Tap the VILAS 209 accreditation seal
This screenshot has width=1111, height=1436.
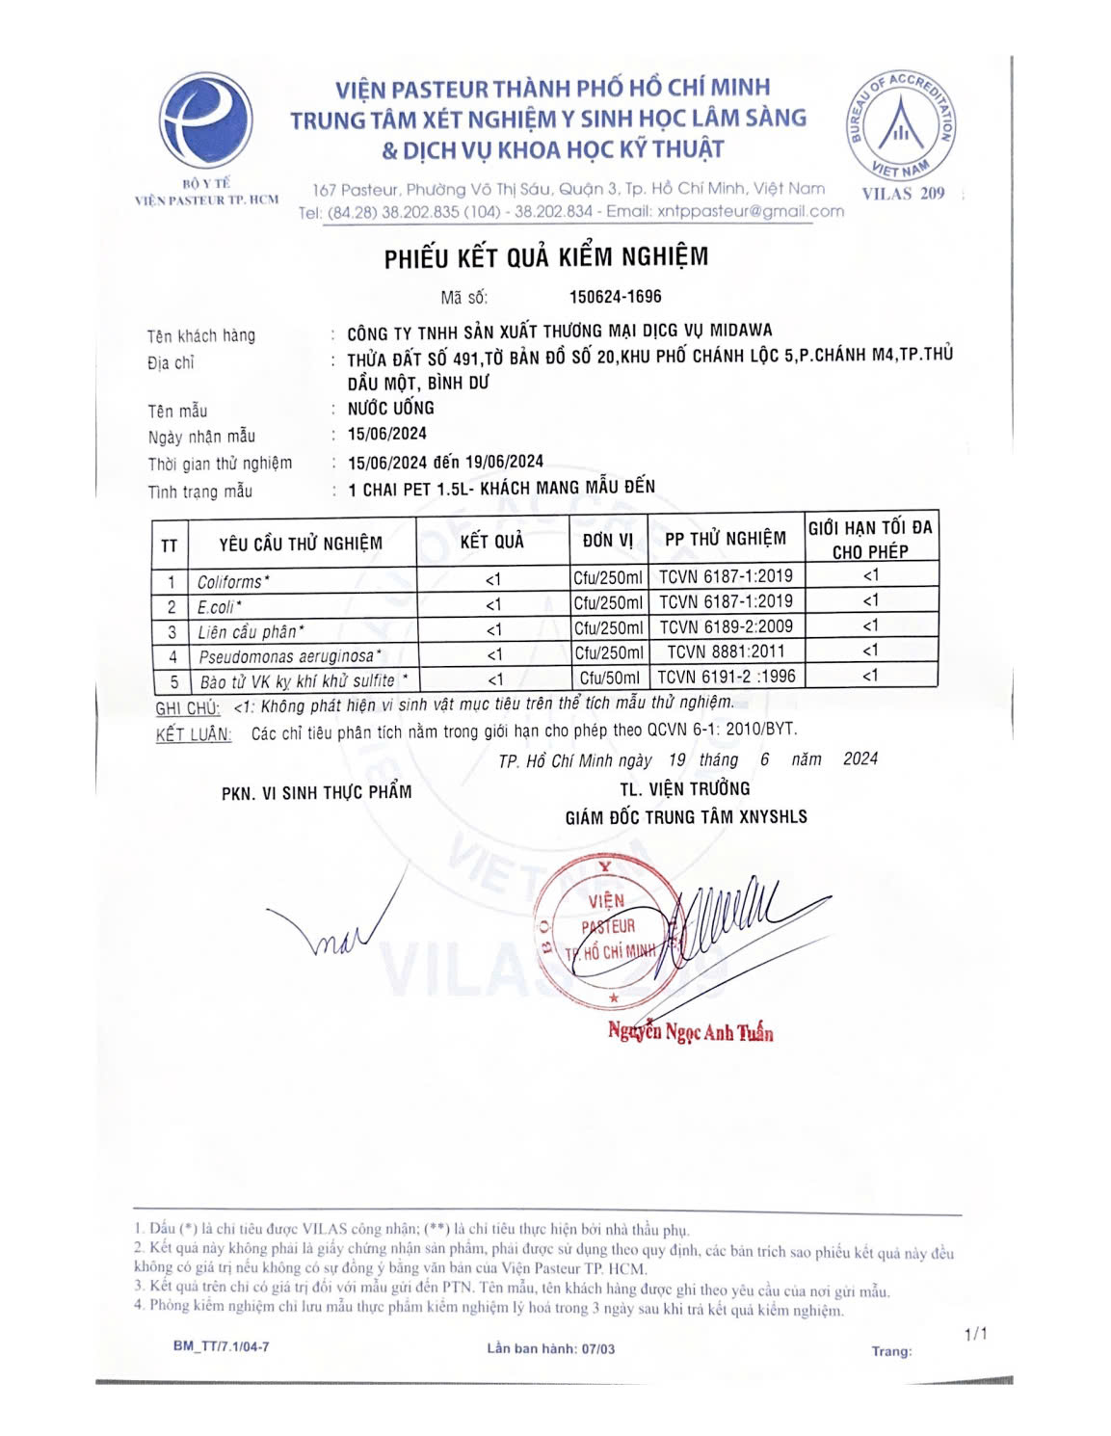[902, 124]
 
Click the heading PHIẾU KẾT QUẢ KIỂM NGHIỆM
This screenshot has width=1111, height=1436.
[546, 257]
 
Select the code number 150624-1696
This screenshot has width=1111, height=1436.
[615, 297]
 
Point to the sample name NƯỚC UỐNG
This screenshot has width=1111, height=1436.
[390, 408]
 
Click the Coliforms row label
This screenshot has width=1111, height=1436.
[233, 582]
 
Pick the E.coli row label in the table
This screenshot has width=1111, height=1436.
[219, 607]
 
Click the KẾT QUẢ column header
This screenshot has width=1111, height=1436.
[491, 542]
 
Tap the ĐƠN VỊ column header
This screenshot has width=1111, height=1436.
[607, 541]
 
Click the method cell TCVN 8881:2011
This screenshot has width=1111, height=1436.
[726, 652]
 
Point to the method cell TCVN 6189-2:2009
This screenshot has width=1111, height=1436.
[726, 626]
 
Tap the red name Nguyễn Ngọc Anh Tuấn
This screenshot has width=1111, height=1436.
[690, 1032]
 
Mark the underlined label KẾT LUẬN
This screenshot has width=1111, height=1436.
[194, 734]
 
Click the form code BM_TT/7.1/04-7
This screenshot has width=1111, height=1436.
[221, 1346]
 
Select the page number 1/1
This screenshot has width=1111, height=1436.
[975, 1334]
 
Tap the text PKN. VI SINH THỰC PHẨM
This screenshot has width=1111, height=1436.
[316, 792]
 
